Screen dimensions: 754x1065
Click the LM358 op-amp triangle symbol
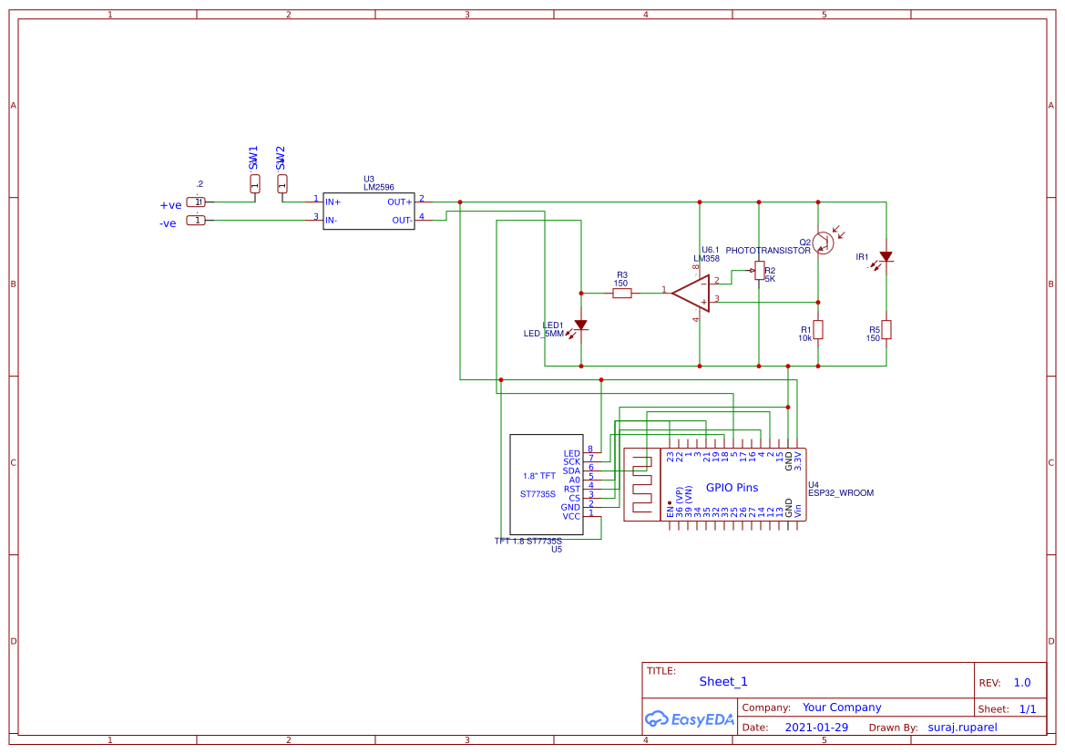coord(691,293)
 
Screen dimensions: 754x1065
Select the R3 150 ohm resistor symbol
coord(622,294)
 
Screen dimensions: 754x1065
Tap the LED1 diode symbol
coord(580,325)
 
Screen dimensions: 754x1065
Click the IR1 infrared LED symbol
coord(886,257)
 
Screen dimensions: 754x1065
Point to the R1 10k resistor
coord(818,329)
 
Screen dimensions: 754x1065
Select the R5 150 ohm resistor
coord(886,329)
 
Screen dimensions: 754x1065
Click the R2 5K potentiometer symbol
coord(759,271)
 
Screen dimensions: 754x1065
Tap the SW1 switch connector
coord(255,183)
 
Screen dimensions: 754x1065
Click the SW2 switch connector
coord(282,183)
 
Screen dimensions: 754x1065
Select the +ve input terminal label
coord(170,205)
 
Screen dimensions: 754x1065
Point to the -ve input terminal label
coord(168,223)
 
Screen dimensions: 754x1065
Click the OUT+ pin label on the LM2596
coord(399,201)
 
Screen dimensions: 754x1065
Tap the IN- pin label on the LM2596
coord(333,220)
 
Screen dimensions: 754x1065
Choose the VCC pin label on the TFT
coord(571,516)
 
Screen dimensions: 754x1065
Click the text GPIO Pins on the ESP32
coord(732,488)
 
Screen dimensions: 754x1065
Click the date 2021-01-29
coord(816,728)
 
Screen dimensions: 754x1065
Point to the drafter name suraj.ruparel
coord(963,728)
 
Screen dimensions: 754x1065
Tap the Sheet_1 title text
coord(723,681)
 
